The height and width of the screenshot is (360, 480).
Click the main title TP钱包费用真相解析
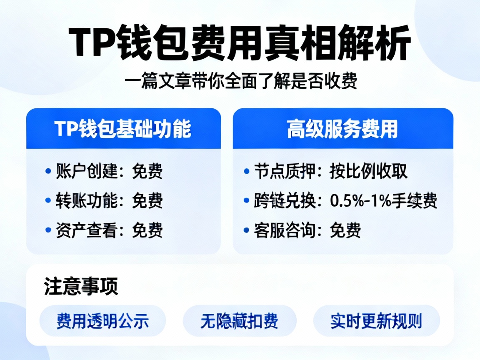pyautogui.click(x=240, y=43)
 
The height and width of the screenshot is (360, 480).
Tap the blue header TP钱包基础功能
pyautogui.click(x=123, y=129)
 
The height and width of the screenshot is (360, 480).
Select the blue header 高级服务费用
pyautogui.click(x=342, y=129)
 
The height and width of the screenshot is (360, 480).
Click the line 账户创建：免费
pyautogui.click(x=109, y=171)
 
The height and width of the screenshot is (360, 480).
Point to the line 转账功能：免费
pyautogui.click(x=109, y=201)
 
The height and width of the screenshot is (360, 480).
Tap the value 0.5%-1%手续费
pyautogui.click(x=383, y=201)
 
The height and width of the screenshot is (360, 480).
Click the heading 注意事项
pyautogui.click(x=81, y=287)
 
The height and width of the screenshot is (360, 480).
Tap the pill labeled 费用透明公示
pyautogui.click(x=102, y=321)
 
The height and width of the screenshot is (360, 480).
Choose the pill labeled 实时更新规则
pyautogui.click(x=376, y=321)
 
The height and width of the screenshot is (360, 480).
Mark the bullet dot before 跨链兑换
pyautogui.click(x=246, y=201)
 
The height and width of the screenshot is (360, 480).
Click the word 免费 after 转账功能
pyautogui.click(x=147, y=201)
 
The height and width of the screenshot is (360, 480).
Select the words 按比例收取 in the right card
pyautogui.click(x=368, y=171)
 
